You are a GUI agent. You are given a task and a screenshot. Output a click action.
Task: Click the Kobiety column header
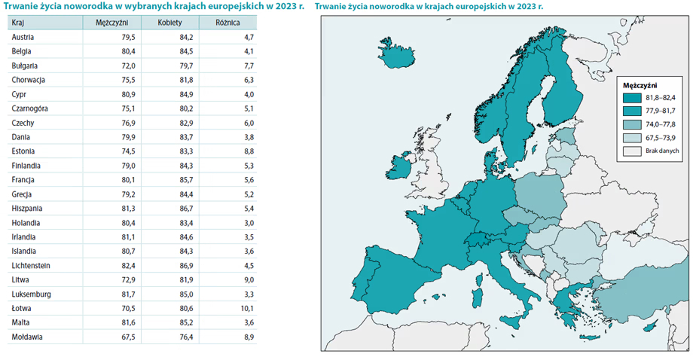click(169, 23)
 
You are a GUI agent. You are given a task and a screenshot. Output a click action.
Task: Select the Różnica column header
click(227, 23)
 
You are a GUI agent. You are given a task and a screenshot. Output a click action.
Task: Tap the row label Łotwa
click(21, 308)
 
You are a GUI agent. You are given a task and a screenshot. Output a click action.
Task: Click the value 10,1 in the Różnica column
click(247, 308)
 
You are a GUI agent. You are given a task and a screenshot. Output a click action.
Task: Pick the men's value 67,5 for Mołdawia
click(128, 337)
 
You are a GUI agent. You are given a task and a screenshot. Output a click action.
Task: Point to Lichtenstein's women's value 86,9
click(186, 265)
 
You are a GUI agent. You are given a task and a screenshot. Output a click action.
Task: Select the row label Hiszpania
click(27, 209)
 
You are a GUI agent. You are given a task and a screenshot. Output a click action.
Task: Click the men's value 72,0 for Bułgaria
click(128, 66)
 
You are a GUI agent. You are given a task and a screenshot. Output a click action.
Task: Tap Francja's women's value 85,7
click(186, 180)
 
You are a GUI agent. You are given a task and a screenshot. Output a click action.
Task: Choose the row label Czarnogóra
click(29, 108)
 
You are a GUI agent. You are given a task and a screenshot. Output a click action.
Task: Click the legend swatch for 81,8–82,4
click(631, 98)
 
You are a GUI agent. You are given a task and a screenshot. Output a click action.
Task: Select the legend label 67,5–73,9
click(661, 138)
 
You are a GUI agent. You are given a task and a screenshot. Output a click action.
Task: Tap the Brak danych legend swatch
click(631, 151)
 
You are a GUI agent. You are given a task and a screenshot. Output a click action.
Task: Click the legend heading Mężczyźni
click(640, 86)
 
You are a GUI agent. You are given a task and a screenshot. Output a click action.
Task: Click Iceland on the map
click(396, 54)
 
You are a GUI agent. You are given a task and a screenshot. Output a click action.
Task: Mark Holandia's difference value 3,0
click(249, 223)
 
